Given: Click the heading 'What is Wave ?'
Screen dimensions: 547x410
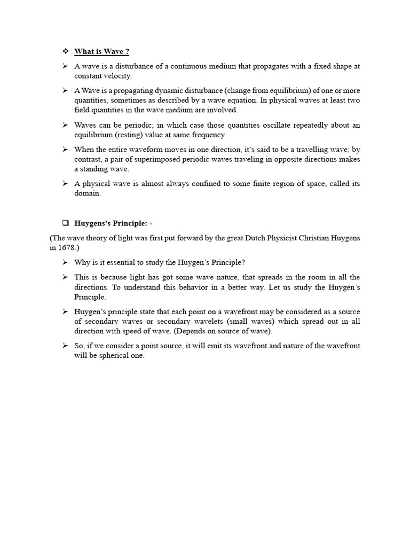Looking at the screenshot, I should [101, 51].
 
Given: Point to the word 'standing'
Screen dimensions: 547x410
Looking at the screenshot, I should [98, 169].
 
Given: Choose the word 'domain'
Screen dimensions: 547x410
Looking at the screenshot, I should [86, 193].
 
